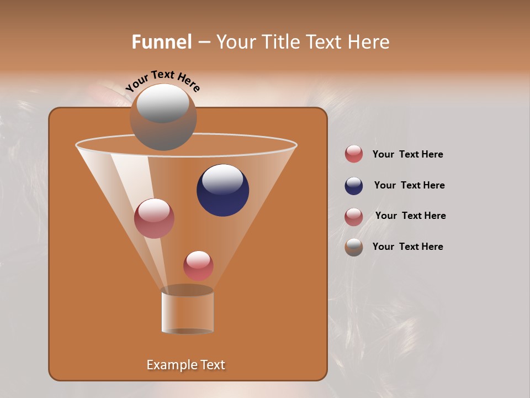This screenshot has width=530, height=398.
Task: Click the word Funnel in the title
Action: coord(161,42)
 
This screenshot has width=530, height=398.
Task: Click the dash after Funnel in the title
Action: coord(203,42)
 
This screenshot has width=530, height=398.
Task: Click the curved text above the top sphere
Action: coord(162,81)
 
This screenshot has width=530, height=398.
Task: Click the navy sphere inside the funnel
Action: coord(222,190)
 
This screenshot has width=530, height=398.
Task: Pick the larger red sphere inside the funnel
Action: coord(154,218)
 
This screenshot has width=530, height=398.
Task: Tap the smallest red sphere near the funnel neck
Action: coord(198,265)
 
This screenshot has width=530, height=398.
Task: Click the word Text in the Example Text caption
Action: coord(212,365)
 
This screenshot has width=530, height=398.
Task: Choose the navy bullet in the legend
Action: coord(354,186)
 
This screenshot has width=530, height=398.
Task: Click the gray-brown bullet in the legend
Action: coord(354,247)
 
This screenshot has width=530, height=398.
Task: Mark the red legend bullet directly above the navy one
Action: coord(354,154)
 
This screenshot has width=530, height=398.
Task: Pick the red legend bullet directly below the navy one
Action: coord(354,217)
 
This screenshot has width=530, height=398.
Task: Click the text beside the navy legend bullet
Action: coord(409,185)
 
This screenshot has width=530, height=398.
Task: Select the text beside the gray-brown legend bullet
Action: coord(407,247)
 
